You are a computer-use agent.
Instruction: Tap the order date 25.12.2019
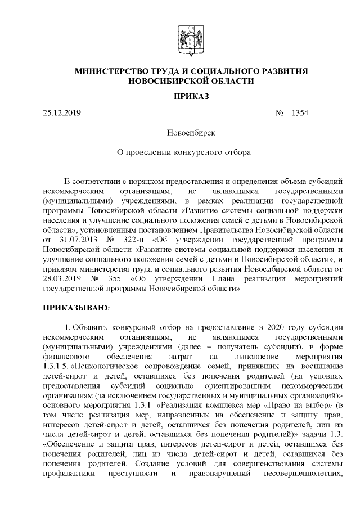point(62,114)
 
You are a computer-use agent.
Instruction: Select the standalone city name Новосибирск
point(191,133)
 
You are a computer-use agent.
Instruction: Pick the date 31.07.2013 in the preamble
point(73,240)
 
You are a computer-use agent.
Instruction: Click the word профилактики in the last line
point(69,470)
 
